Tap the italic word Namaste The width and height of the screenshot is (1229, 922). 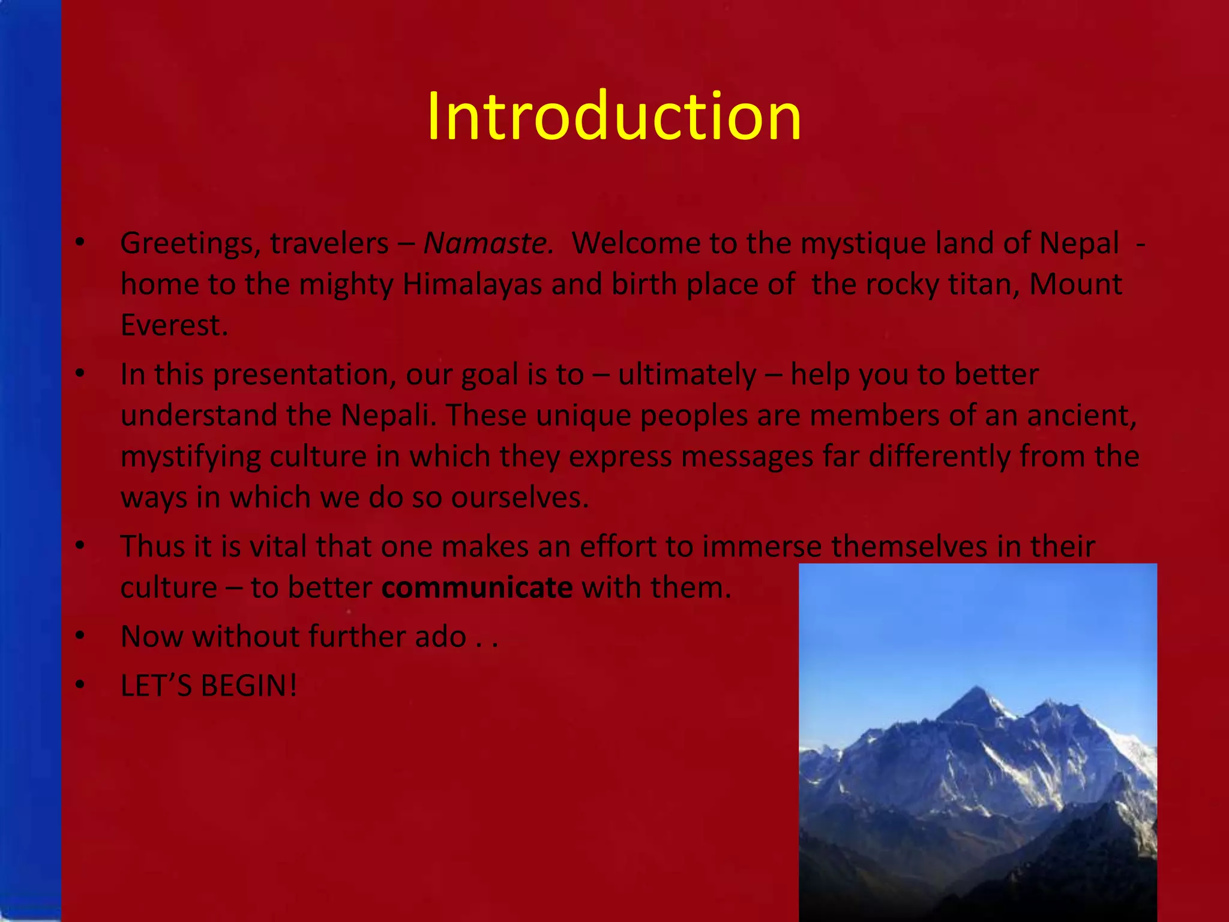[487, 244]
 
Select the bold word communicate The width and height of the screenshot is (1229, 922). [477, 588]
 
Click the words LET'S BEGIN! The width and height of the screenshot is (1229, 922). [208, 686]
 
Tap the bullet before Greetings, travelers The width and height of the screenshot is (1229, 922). [80, 244]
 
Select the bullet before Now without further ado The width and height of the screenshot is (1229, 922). [80, 636]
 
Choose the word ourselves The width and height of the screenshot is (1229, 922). [520, 498]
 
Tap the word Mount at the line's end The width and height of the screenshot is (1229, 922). [1075, 285]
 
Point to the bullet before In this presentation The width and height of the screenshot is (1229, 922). [80, 375]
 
